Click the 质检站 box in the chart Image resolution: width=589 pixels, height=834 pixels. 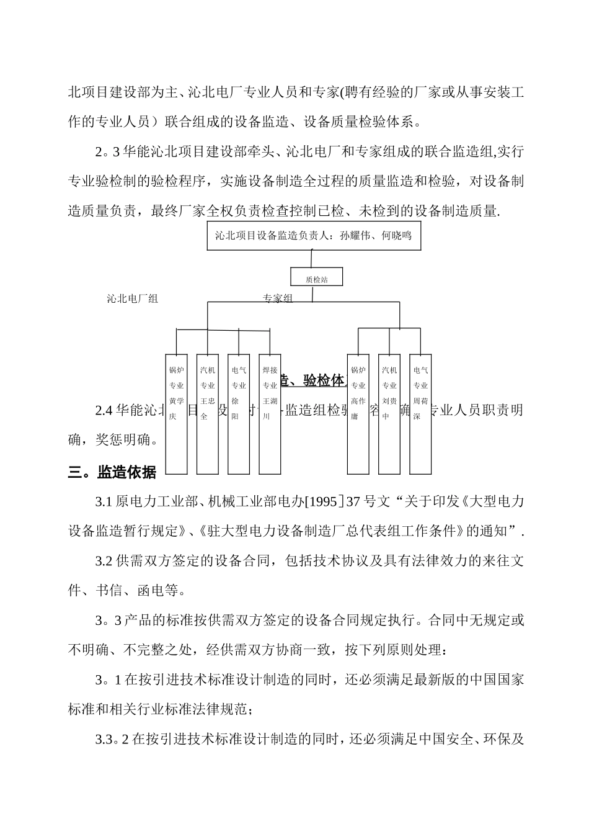pyautogui.click(x=316, y=279)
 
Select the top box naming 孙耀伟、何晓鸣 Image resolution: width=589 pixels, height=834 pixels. pyautogui.click(x=314, y=236)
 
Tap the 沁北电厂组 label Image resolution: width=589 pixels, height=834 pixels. pyautogui.click(x=132, y=298)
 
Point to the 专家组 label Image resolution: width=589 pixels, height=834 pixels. pyautogui.click(x=277, y=298)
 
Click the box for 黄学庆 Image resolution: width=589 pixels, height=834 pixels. pyautogui.click(x=177, y=413)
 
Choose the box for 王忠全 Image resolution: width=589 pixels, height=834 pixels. pyautogui.click(x=208, y=413)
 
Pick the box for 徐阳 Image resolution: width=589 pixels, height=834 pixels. pyautogui.click(x=239, y=413)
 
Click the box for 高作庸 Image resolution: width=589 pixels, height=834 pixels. pyautogui.click(x=358, y=413)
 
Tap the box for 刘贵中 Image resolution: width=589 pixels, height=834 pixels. pyautogui.click(x=389, y=413)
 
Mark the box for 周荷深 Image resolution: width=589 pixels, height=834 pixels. pyautogui.click(x=420, y=413)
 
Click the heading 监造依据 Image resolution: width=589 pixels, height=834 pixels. pyautogui.click(x=126, y=472)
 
